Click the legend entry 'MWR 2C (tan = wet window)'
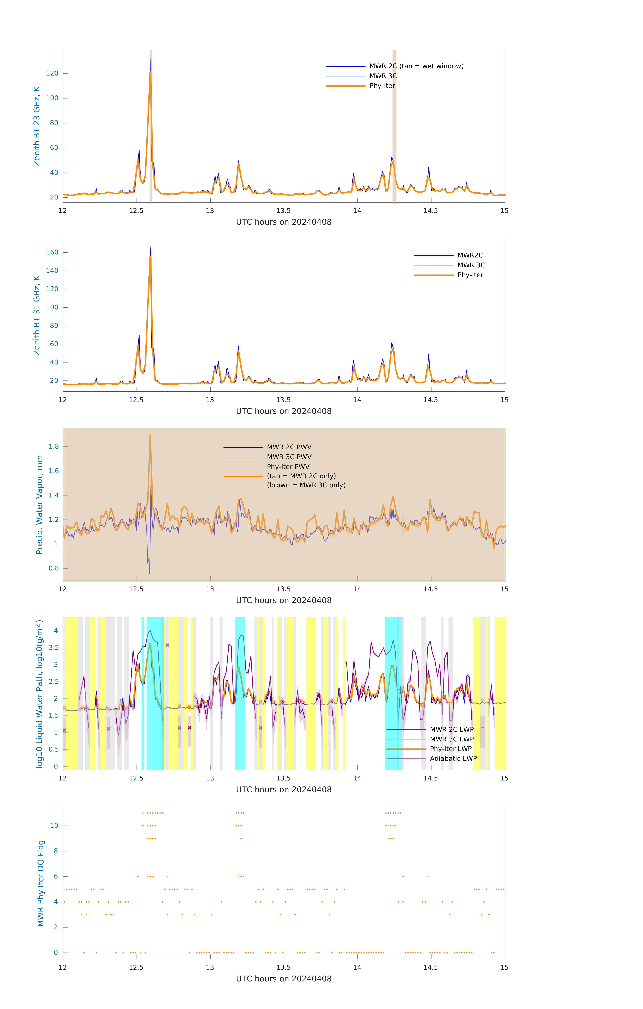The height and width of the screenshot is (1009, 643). [x=416, y=66]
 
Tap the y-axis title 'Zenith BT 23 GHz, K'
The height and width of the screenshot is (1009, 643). [x=37, y=126]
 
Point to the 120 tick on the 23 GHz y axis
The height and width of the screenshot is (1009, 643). [x=52, y=73]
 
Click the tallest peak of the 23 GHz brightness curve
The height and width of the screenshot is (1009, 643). [x=151, y=57]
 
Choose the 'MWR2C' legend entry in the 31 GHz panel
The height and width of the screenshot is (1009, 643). [x=470, y=255]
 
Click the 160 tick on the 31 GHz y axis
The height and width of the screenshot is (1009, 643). [x=52, y=252]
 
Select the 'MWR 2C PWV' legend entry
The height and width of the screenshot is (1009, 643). [x=289, y=447]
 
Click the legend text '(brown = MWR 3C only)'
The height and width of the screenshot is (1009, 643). [x=306, y=485]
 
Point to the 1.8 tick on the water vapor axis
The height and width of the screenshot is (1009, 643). [x=54, y=447]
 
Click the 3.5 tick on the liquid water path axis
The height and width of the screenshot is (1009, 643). [x=54, y=648]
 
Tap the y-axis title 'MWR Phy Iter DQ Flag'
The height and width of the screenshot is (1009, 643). [x=41, y=883]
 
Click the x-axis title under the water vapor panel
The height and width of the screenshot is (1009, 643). [x=284, y=601]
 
